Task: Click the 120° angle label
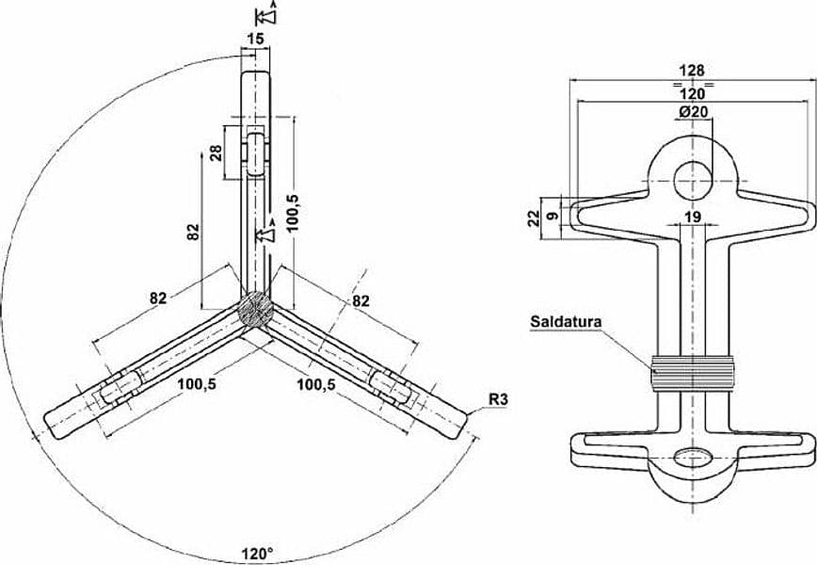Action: click(257, 553)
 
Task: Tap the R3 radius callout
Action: click(498, 400)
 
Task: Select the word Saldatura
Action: click(566, 322)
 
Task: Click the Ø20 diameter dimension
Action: click(693, 111)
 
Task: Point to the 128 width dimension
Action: click(693, 70)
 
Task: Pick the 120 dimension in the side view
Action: click(693, 94)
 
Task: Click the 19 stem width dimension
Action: click(693, 217)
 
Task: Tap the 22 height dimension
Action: click(533, 218)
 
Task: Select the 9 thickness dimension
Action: click(553, 215)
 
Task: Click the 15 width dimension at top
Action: click(255, 39)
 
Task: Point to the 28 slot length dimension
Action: click(216, 153)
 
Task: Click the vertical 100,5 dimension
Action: click(293, 212)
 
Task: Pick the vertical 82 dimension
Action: click(193, 232)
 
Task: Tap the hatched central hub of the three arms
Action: click(255, 310)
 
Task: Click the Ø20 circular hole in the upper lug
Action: click(693, 181)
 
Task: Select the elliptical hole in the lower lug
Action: click(693, 457)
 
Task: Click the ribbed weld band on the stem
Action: click(693, 374)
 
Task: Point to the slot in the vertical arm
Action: click(255, 153)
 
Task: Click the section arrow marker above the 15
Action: click(266, 14)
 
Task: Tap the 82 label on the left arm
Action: click(158, 299)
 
